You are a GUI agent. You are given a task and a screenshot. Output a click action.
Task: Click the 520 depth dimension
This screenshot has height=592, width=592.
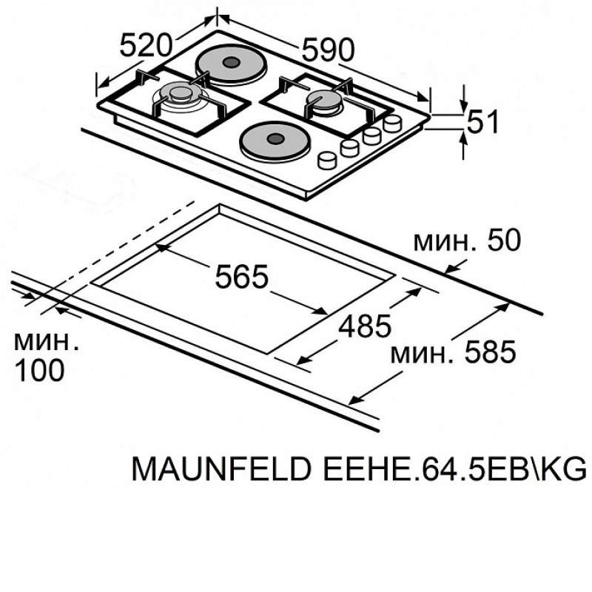[146, 45]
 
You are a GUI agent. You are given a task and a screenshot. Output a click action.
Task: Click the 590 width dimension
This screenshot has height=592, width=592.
[328, 50]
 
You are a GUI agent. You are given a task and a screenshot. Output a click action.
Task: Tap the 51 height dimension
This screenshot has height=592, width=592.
[483, 121]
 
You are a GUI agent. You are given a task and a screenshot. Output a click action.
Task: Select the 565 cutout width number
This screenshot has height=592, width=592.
[242, 276]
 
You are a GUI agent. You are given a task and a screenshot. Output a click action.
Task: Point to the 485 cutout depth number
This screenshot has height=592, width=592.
[365, 326]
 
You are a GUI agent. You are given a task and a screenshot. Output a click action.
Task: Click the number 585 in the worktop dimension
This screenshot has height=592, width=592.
[490, 351]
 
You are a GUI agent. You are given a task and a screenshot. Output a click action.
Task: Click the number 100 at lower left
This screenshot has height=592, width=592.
[39, 369]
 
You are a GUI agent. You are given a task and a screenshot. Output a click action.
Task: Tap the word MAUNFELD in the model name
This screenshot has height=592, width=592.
[221, 468]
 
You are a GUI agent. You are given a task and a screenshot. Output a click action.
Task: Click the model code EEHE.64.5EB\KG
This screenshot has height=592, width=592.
[454, 468]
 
